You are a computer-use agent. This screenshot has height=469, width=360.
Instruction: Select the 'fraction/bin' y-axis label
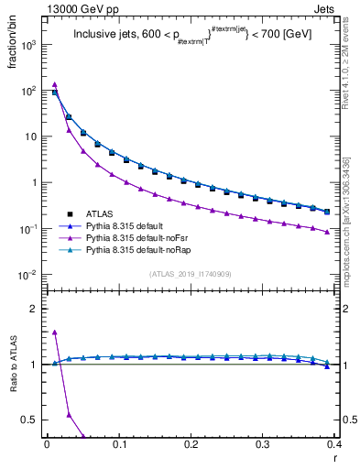click(15, 55)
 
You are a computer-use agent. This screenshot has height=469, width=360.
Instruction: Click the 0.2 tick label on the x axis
click(191, 446)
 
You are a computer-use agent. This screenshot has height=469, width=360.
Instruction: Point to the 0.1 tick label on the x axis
click(119, 446)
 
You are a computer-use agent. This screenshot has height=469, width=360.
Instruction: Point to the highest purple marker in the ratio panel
click(55, 333)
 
